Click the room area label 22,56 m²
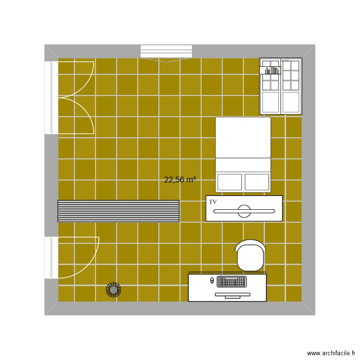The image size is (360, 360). click(x=180, y=180)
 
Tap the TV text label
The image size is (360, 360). click(x=213, y=202)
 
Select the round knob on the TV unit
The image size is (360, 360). click(x=244, y=211)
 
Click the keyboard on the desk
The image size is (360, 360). click(x=231, y=281)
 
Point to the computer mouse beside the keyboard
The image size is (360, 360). click(x=212, y=280)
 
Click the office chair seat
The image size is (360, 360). click(x=250, y=257)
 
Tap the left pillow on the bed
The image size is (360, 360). click(x=229, y=182)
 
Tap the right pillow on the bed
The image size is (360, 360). click(x=257, y=182)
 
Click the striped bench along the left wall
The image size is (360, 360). click(x=118, y=211)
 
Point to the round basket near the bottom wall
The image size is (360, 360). click(x=113, y=289)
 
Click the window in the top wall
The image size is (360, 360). click(x=166, y=51)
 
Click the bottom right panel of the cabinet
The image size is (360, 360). click(x=290, y=102)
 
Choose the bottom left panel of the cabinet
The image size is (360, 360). click(x=270, y=102)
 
